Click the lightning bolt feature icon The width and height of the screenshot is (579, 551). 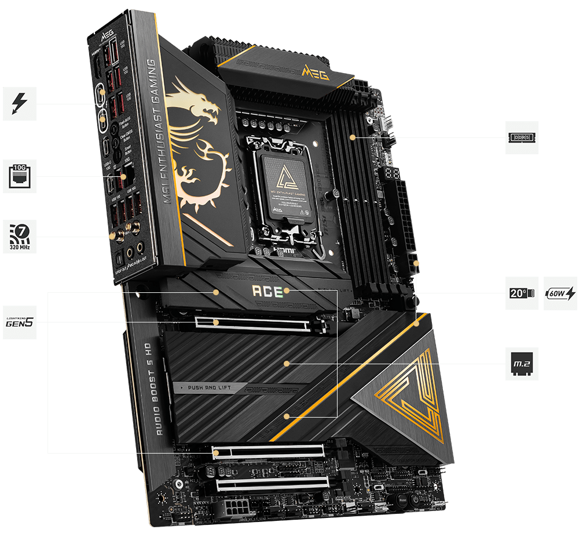click(19, 104)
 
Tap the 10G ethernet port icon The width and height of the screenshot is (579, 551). click(19, 176)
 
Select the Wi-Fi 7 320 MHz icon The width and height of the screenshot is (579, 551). click(19, 236)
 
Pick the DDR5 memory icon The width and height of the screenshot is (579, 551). click(522, 137)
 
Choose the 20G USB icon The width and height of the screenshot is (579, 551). click(522, 293)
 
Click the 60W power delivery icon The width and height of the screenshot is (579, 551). click(560, 293)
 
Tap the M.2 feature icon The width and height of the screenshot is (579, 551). click(522, 364)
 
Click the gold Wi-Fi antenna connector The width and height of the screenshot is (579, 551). click(113, 235)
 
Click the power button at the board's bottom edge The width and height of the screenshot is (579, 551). click(415, 497)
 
